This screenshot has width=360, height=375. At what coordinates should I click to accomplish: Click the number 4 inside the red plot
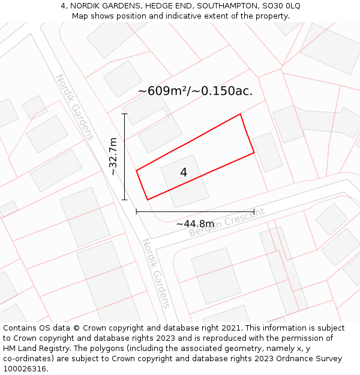coord(184,173)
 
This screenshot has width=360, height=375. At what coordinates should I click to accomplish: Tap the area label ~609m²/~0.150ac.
coord(195,91)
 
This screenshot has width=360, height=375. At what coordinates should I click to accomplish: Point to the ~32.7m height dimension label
coord(113,157)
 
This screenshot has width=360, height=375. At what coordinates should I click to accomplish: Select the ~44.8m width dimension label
coord(195,224)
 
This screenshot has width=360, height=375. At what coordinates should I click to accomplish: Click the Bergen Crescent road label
coord(226,223)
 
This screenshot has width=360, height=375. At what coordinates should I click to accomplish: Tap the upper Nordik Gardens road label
coord(75,107)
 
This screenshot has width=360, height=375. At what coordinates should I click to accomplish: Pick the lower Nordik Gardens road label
coord(155,272)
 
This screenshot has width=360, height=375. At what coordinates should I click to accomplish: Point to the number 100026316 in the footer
coord(24,369)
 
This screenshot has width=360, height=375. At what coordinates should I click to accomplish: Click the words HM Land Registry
coord(41,349)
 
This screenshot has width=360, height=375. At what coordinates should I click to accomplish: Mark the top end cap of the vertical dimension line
coord(125,113)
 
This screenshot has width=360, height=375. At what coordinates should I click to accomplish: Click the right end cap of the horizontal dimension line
coord(254,211)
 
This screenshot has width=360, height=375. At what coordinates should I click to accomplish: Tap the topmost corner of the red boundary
coord(241,114)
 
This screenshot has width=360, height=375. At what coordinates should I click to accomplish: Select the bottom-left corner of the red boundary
coord(147,200)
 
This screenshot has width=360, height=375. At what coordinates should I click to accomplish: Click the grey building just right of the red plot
coord(268,152)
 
